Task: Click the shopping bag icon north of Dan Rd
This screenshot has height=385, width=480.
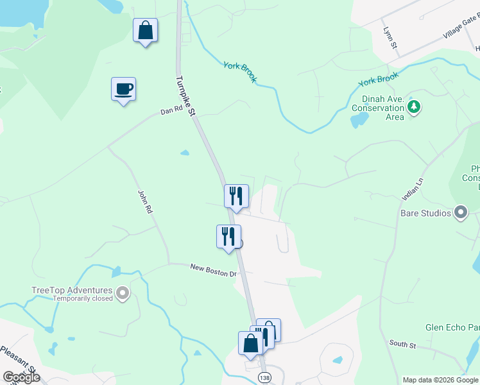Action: coord(146,31)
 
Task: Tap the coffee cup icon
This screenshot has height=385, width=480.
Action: coord(123,89)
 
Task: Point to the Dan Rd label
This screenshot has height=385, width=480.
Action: coord(171,111)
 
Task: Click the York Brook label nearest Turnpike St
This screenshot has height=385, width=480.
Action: coord(240,72)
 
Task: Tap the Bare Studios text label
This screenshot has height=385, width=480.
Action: coord(426,212)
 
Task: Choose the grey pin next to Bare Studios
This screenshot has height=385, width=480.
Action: coord(460,212)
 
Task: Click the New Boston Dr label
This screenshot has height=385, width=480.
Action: coord(214,270)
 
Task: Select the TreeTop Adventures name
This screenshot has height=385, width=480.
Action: coord(72,290)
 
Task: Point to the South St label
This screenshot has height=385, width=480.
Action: coord(403,345)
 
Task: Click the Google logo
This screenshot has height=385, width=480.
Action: coord(21,377)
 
